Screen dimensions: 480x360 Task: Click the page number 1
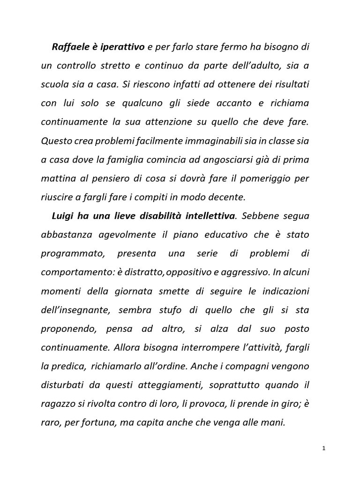pos(323,449)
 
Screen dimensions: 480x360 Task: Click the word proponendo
pos(68,328)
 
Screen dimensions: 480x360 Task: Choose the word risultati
pos(289,84)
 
